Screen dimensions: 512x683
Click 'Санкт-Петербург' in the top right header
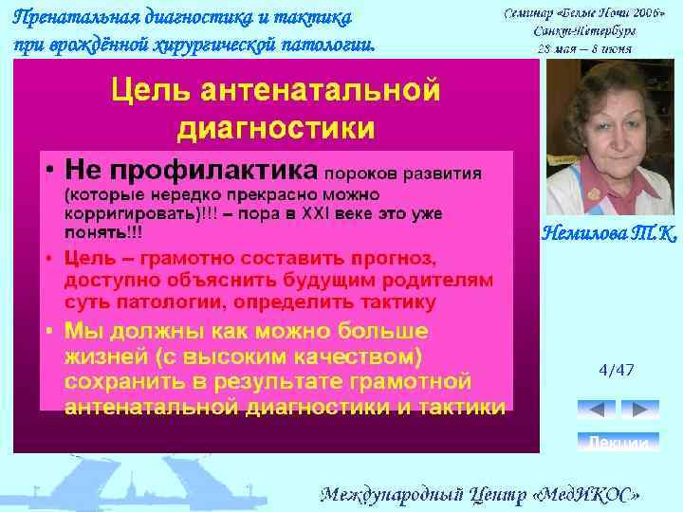[x=584, y=30]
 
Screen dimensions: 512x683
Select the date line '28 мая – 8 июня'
[x=585, y=47]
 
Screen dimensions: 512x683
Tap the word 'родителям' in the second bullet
[x=435, y=281]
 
